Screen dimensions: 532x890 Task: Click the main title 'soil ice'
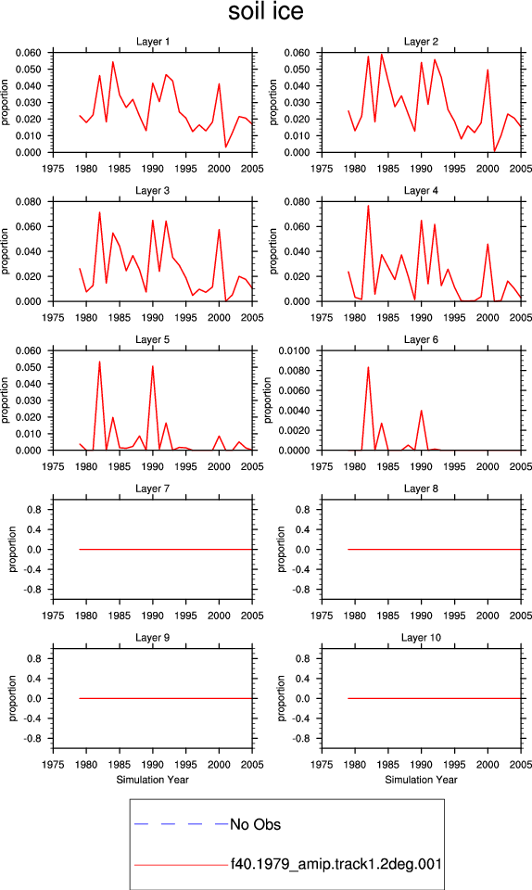point(265,11)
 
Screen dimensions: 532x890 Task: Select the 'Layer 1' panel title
point(153,42)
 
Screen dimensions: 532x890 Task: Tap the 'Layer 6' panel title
point(421,339)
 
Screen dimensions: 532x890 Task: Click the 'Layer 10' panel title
point(421,638)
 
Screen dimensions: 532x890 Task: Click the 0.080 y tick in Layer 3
point(29,202)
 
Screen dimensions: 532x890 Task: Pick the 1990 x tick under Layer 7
point(153,616)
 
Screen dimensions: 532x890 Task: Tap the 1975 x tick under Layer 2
point(322,169)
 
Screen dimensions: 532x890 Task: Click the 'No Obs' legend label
point(255,824)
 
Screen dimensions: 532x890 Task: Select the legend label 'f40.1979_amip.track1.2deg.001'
point(336,864)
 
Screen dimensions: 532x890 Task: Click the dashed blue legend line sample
point(181,823)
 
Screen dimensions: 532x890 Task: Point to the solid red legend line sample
point(181,865)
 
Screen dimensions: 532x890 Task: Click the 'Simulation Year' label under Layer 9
point(153,780)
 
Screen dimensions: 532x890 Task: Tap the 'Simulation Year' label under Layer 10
point(421,780)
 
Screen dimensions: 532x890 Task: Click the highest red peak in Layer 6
point(368,367)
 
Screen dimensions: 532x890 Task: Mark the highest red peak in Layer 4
point(368,206)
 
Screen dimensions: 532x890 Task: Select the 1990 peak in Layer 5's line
point(153,366)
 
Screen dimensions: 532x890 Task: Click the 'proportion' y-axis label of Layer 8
point(282,549)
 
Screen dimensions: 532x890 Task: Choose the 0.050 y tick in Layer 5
point(29,367)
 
